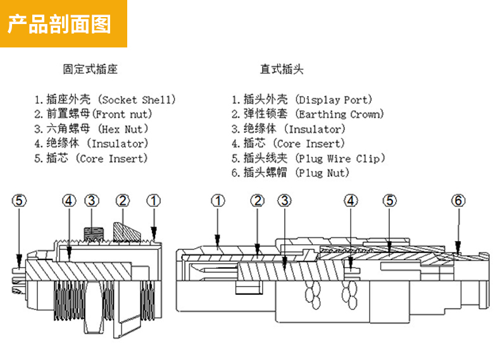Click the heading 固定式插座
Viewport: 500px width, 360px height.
coord(90,69)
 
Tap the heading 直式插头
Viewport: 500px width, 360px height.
coord(282,69)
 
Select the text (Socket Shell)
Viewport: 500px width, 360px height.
coord(138,100)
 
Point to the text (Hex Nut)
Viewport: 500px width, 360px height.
coord(124,129)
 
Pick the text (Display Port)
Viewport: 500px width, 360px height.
coord(334,100)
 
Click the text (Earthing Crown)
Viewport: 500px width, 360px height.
coord(340,115)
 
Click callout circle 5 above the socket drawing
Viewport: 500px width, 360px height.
coord(20,201)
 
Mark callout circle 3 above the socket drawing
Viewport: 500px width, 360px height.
coord(92,201)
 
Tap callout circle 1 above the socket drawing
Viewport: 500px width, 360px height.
coord(153,201)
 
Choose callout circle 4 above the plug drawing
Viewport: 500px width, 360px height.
coord(351,201)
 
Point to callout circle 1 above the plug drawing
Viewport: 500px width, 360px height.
coord(218,201)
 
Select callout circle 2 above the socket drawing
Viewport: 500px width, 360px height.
coord(123,201)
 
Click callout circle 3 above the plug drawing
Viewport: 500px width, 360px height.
coord(285,201)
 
